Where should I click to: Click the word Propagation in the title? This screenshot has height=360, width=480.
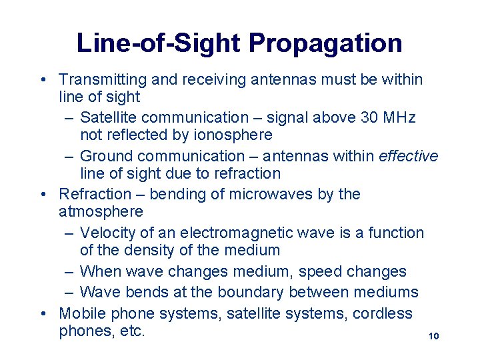(x=325, y=44)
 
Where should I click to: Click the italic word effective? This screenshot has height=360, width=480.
(x=409, y=156)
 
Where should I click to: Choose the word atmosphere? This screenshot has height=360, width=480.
(x=101, y=212)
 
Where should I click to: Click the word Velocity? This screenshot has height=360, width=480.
(x=108, y=233)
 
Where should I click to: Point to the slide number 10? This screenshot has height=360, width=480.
(x=434, y=337)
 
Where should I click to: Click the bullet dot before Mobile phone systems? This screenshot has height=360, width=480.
(x=43, y=313)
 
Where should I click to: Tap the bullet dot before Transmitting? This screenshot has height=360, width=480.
(x=43, y=80)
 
